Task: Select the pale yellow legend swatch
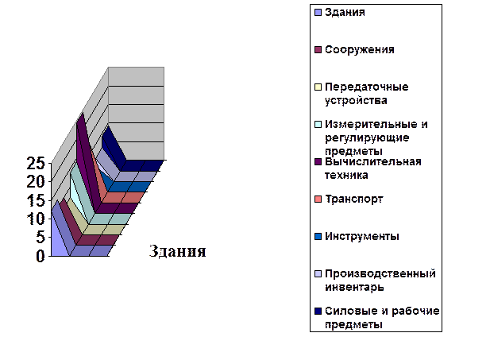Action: click(318, 87)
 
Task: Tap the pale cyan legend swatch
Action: click(318, 124)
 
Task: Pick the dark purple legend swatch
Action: click(318, 161)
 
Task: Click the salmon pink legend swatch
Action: click(318, 199)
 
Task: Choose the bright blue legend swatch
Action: click(318, 236)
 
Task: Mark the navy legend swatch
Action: click(318, 311)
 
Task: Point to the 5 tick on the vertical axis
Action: click(38, 238)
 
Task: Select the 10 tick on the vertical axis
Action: click(37, 219)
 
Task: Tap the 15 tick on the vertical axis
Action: click(37, 199)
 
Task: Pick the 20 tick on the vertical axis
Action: click(37, 181)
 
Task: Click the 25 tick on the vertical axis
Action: click(37, 163)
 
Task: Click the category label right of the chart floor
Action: click(176, 253)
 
